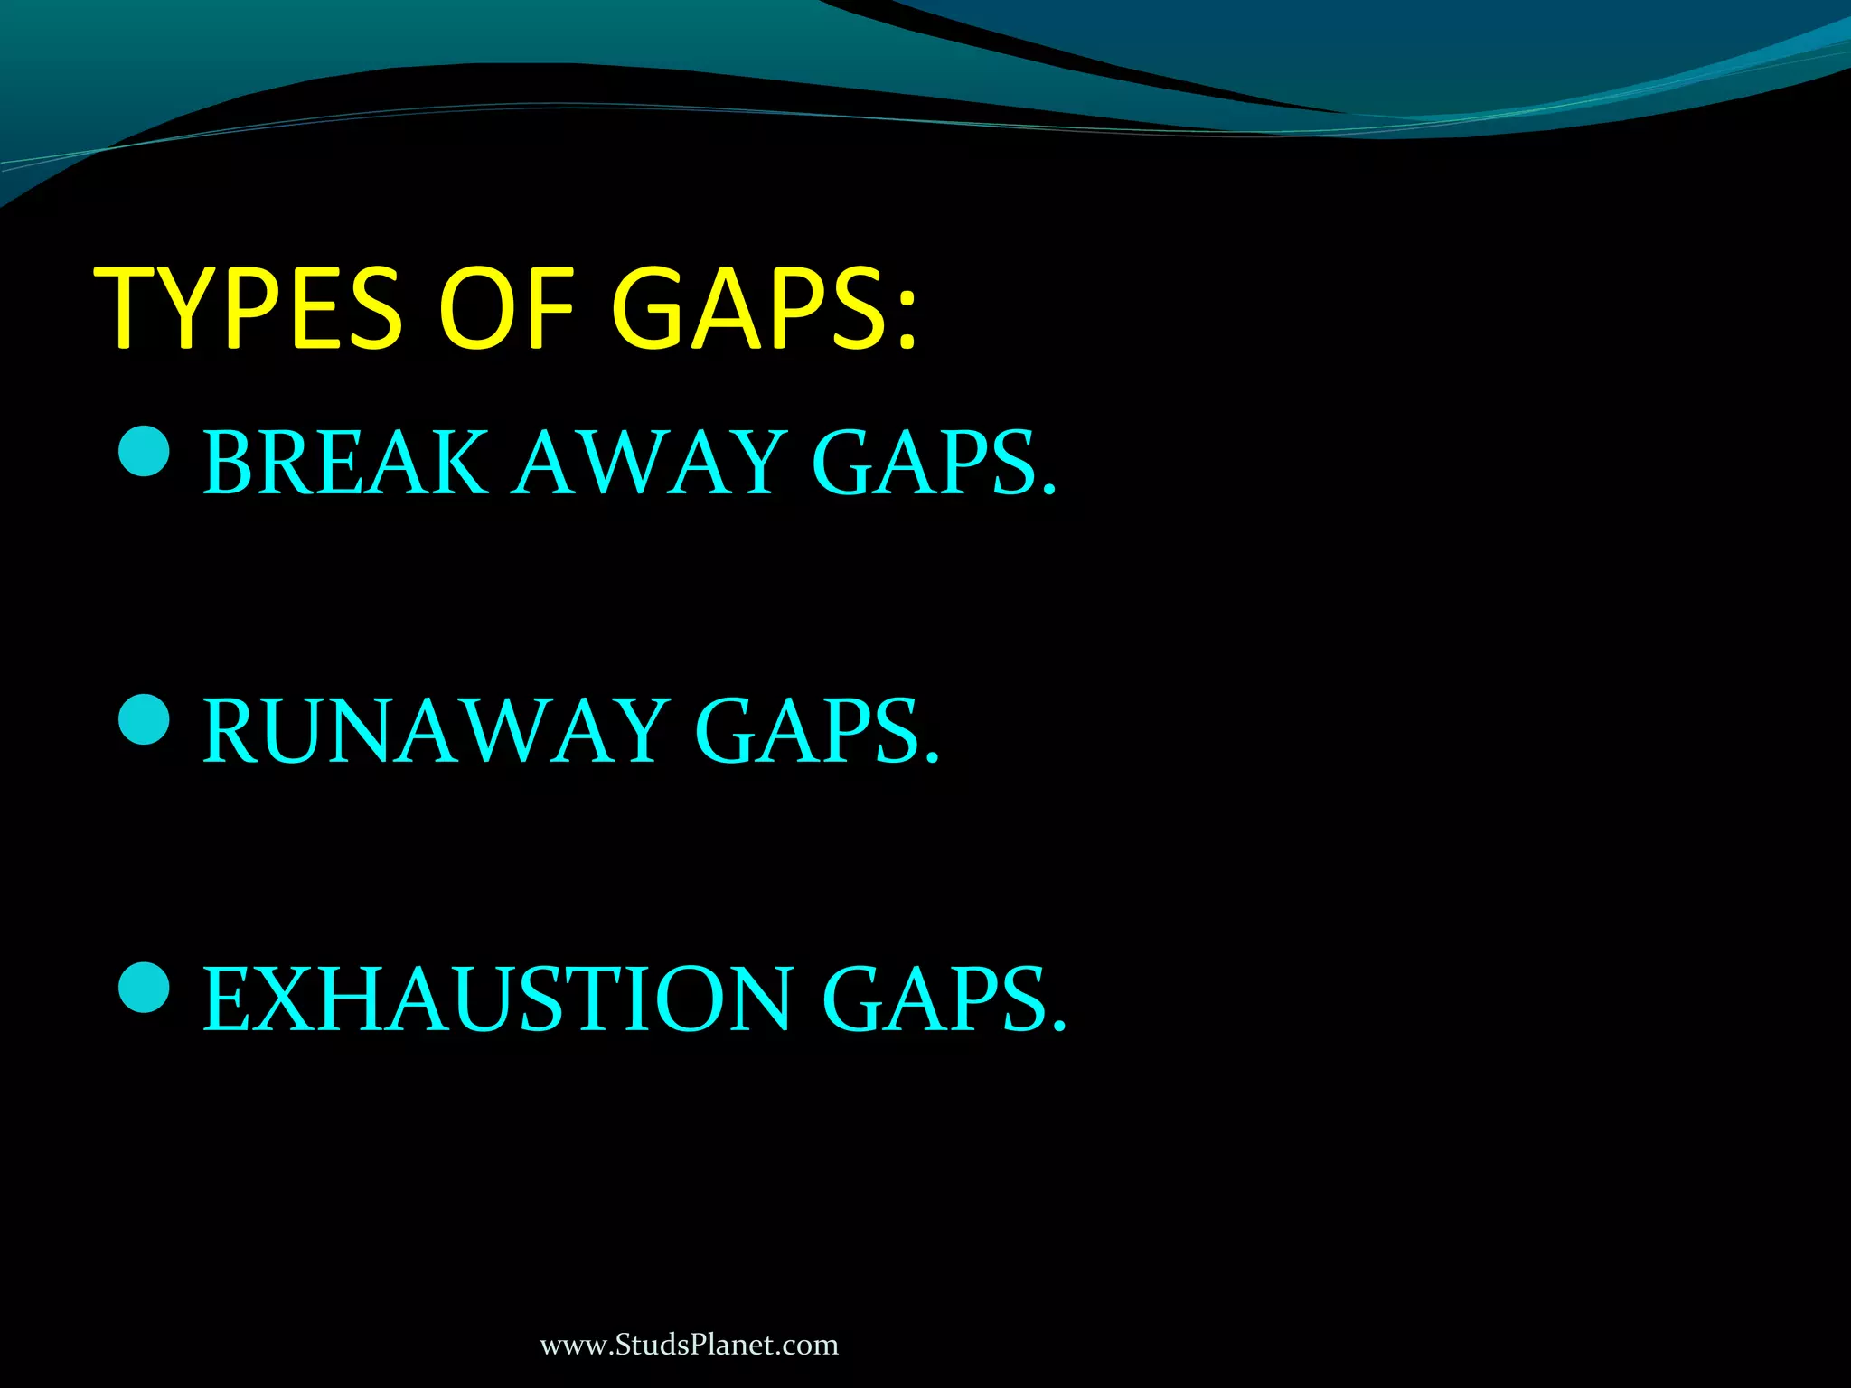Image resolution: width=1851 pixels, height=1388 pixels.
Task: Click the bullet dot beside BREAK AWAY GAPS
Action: coord(145,451)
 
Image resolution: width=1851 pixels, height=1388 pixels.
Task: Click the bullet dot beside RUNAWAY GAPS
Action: coord(145,719)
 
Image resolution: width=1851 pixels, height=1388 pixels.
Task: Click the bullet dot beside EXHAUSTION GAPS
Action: coord(145,987)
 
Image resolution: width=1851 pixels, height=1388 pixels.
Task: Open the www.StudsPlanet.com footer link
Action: coord(689,1346)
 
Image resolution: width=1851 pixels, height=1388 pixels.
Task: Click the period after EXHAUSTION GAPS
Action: coord(1059,1027)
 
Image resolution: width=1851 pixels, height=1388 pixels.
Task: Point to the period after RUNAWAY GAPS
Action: coord(932,758)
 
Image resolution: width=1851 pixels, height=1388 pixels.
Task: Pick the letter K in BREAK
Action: coord(458,463)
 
